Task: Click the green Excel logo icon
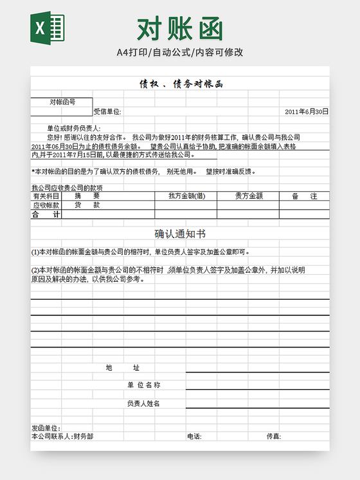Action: click(x=47, y=28)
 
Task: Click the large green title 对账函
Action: click(x=180, y=29)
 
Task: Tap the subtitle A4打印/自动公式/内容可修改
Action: click(x=180, y=52)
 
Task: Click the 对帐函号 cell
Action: click(x=62, y=102)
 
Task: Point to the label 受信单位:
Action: click(x=107, y=111)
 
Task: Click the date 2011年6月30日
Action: click(x=307, y=111)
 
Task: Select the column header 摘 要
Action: click(x=87, y=196)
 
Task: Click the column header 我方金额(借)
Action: click(x=186, y=196)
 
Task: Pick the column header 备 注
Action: click(x=305, y=196)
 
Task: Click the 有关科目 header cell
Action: click(x=46, y=196)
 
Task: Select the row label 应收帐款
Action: click(x=46, y=205)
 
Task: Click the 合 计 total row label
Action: click(x=46, y=214)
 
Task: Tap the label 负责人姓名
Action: click(x=143, y=403)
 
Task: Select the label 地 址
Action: click(x=122, y=367)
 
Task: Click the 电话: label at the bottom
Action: click(x=194, y=436)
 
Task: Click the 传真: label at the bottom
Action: click(x=274, y=436)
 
